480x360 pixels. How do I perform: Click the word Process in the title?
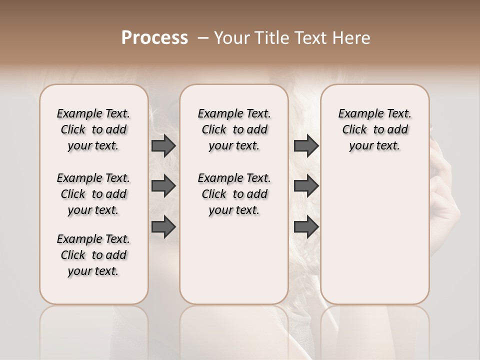tap(154, 38)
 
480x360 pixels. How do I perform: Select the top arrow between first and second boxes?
tap(163, 145)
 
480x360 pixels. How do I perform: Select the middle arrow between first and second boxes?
tap(163, 186)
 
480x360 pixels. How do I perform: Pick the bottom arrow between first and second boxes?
tap(163, 226)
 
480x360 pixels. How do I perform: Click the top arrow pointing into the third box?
tap(306, 145)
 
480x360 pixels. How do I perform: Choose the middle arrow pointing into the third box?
tap(306, 186)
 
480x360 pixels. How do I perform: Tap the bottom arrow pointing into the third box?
tap(306, 226)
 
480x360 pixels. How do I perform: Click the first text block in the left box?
tap(93, 129)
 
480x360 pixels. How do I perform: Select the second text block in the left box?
tap(93, 194)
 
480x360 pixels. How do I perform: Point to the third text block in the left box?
tap(93, 255)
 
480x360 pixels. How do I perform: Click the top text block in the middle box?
tap(234, 129)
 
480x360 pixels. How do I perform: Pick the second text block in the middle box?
tap(234, 194)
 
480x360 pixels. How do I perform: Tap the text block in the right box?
tap(374, 129)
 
